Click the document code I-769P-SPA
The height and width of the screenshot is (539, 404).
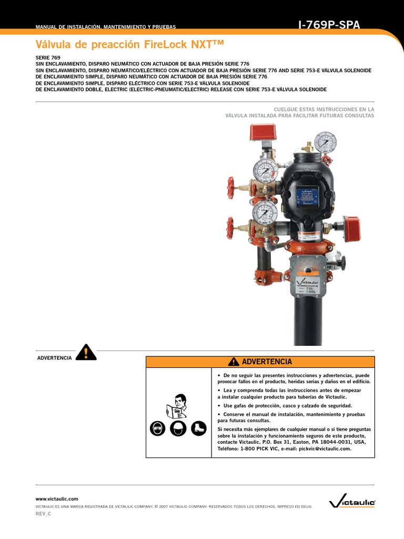click(x=329, y=25)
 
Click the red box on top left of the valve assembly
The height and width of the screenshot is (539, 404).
click(x=263, y=132)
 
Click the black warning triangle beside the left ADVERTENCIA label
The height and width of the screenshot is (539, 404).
click(x=86, y=352)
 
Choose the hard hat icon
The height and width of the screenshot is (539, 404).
click(x=178, y=428)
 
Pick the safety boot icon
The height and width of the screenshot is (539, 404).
click(x=198, y=428)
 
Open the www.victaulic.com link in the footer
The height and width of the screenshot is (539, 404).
click(x=57, y=498)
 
